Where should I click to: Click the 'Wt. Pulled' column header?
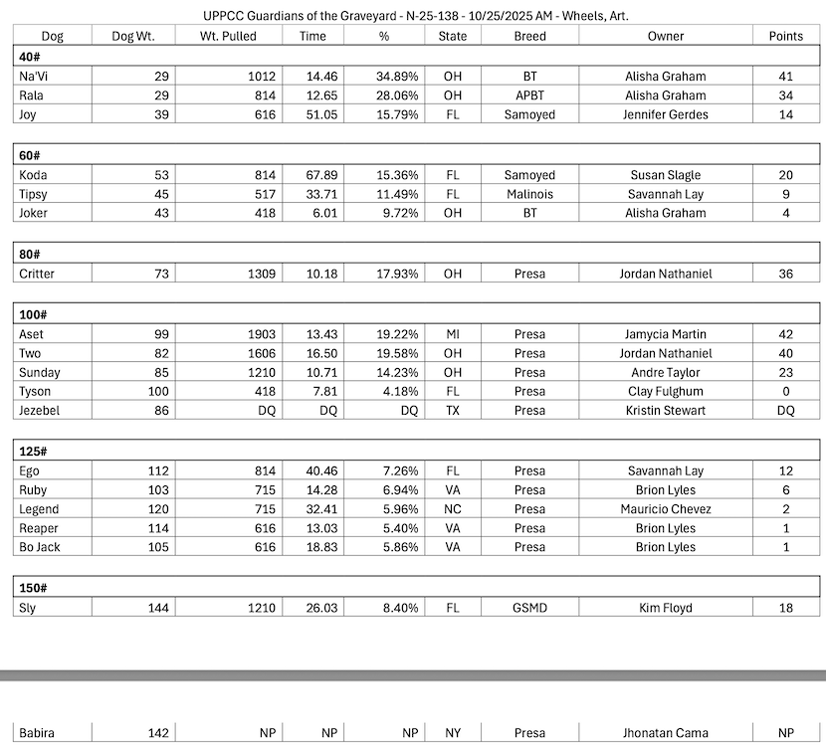pos(228,37)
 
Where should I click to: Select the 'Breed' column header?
pos(529,37)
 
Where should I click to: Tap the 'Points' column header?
pos(785,37)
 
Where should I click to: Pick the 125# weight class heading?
pos(34,452)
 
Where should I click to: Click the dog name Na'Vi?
pos(34,77)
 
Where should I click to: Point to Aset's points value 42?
pos(785,335)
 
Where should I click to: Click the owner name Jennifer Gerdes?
pos(666,115)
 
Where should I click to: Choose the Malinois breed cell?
pos(529,195)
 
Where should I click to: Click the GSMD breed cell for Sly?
pos(529,608)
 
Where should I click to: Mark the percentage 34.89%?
pos(397,77)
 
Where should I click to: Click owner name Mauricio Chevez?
pos(666,509)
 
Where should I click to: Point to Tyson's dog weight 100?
pos(157,391)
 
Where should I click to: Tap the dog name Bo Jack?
pos(41,547)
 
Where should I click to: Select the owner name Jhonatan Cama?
pos(666,734)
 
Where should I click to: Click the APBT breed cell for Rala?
pos(529,95)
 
